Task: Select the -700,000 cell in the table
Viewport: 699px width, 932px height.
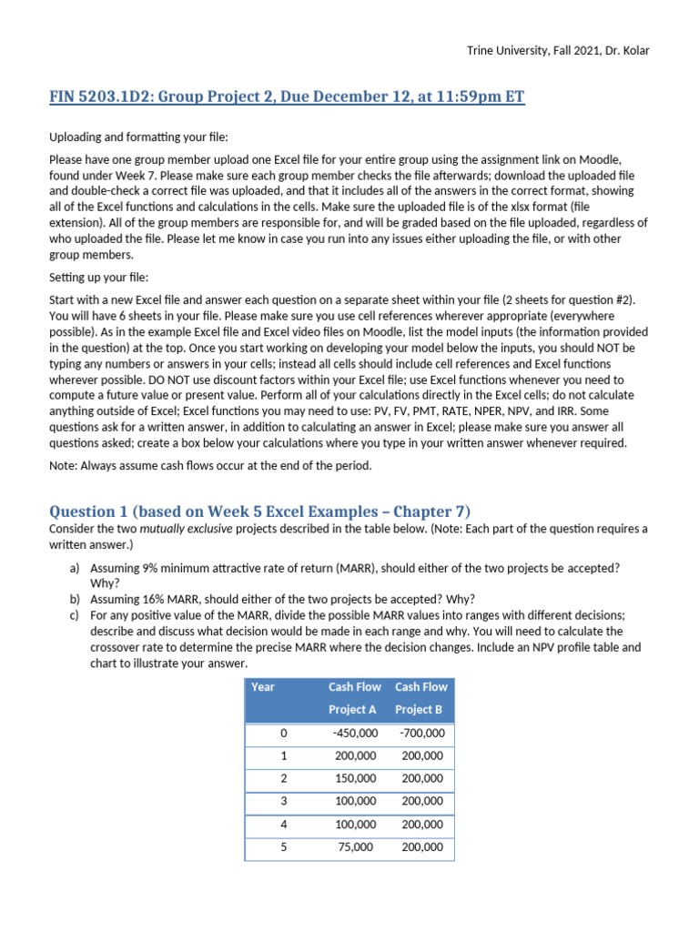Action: click(x=421, y=733)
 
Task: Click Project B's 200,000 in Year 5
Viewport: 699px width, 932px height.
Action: click(x=421, y=846)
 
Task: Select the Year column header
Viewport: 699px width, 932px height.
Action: click(x=263, y=687)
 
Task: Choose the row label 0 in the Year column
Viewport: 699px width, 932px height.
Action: click(x=283, y=733)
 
